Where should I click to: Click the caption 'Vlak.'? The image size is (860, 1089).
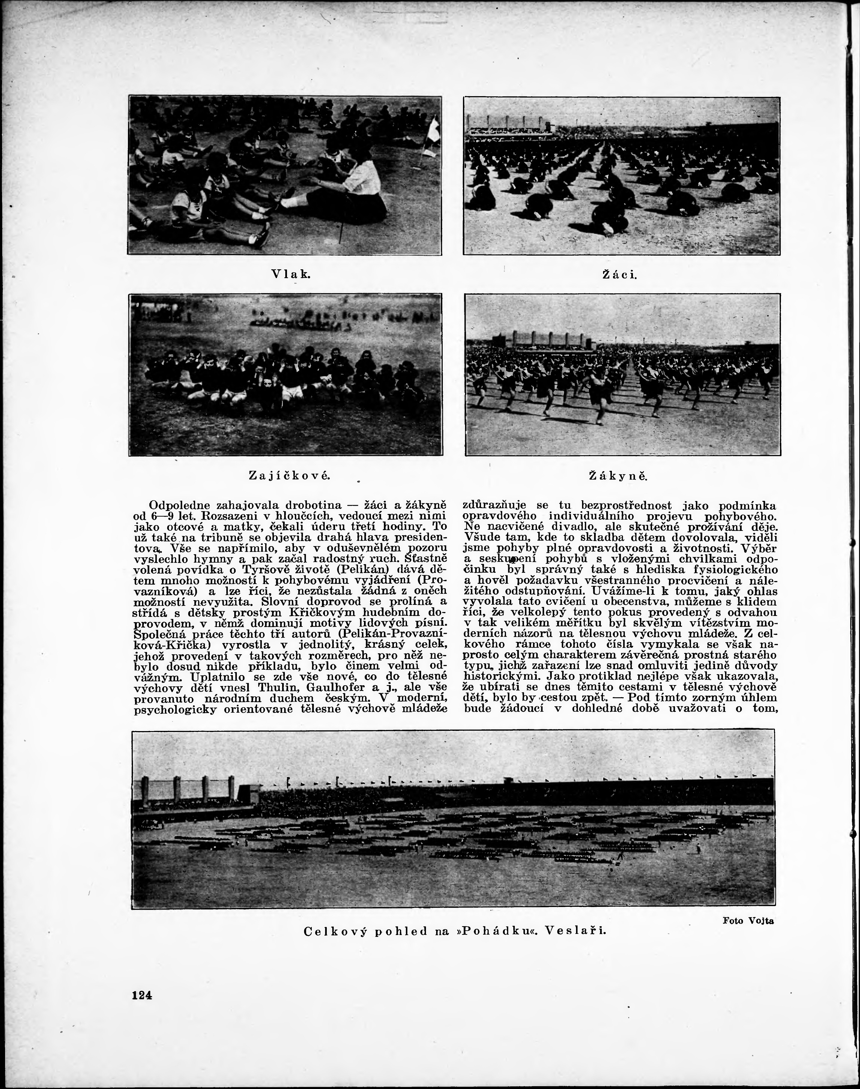pos(291,274)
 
